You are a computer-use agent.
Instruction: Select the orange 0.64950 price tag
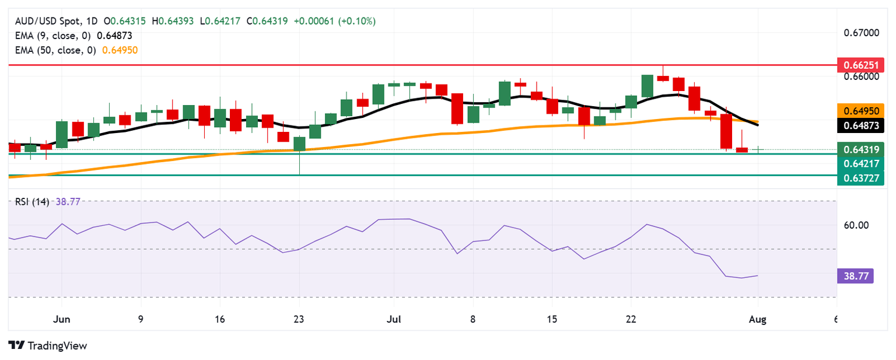coord(860,110)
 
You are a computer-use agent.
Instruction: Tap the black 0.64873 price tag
coord(860,124)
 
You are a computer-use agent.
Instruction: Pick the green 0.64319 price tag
coord(860,149)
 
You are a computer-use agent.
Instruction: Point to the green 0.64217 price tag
coord(860,164)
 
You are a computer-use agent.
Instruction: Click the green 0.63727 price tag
coord(860,179)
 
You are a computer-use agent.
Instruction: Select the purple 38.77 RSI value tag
coord(855,276)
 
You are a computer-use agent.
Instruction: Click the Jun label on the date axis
coord(61,319)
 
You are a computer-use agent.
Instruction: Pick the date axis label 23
coord(299,319)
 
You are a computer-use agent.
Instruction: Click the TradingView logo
coord(48,345)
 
